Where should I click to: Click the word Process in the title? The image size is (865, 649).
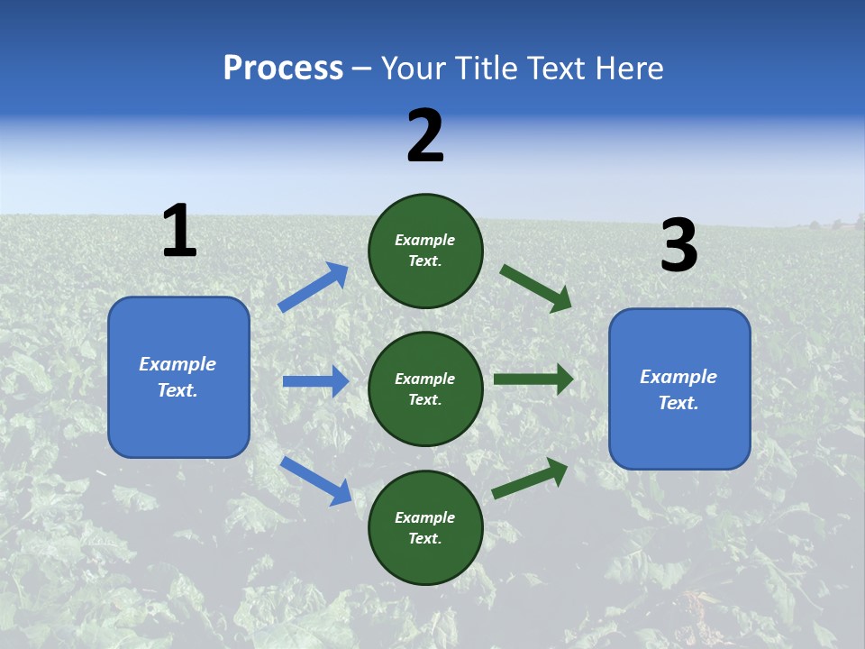pos(283,69)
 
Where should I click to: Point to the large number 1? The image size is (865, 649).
pos(179,232)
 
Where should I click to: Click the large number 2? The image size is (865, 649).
pos(425,137)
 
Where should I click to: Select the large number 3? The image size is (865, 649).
pos(679,246)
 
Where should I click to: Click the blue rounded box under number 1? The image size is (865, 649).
pos(178,377)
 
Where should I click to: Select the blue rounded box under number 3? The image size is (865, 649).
pos(679,389)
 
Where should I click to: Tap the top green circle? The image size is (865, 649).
pos(425,250)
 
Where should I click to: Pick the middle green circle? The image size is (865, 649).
pos(425,388)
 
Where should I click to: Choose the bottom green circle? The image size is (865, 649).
pos(425,527)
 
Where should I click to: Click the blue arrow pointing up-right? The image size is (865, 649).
pos(314,288)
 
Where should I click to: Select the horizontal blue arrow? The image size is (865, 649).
pos(315,381)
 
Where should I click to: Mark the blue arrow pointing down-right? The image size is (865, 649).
pos(316,480)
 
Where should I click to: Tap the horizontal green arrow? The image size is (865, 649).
pos(533,379)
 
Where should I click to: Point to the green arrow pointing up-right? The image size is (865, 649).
pos(530,478)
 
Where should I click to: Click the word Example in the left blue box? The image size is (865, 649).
pos(178,364)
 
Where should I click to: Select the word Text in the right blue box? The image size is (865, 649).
pos(678,403)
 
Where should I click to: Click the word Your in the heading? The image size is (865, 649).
pos(412,69)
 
